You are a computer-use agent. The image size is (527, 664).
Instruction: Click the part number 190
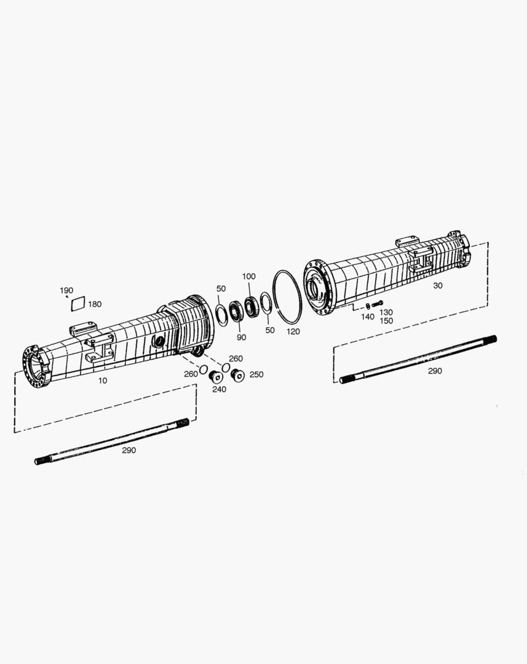(x=66, y=290)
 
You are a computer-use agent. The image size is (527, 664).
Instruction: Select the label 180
(x=95, y=304)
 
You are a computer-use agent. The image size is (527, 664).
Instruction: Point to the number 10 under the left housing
(x=103, y=381)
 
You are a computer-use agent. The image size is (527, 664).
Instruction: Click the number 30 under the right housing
(x=438, y=286)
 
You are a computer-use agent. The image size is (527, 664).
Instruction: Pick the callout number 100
(x=248, y=277)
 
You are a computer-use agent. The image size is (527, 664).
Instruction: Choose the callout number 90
(x=241, y=338)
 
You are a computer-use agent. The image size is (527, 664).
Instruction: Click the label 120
(x=293, y=331)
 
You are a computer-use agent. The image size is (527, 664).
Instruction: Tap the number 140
(x=367, y=317)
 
